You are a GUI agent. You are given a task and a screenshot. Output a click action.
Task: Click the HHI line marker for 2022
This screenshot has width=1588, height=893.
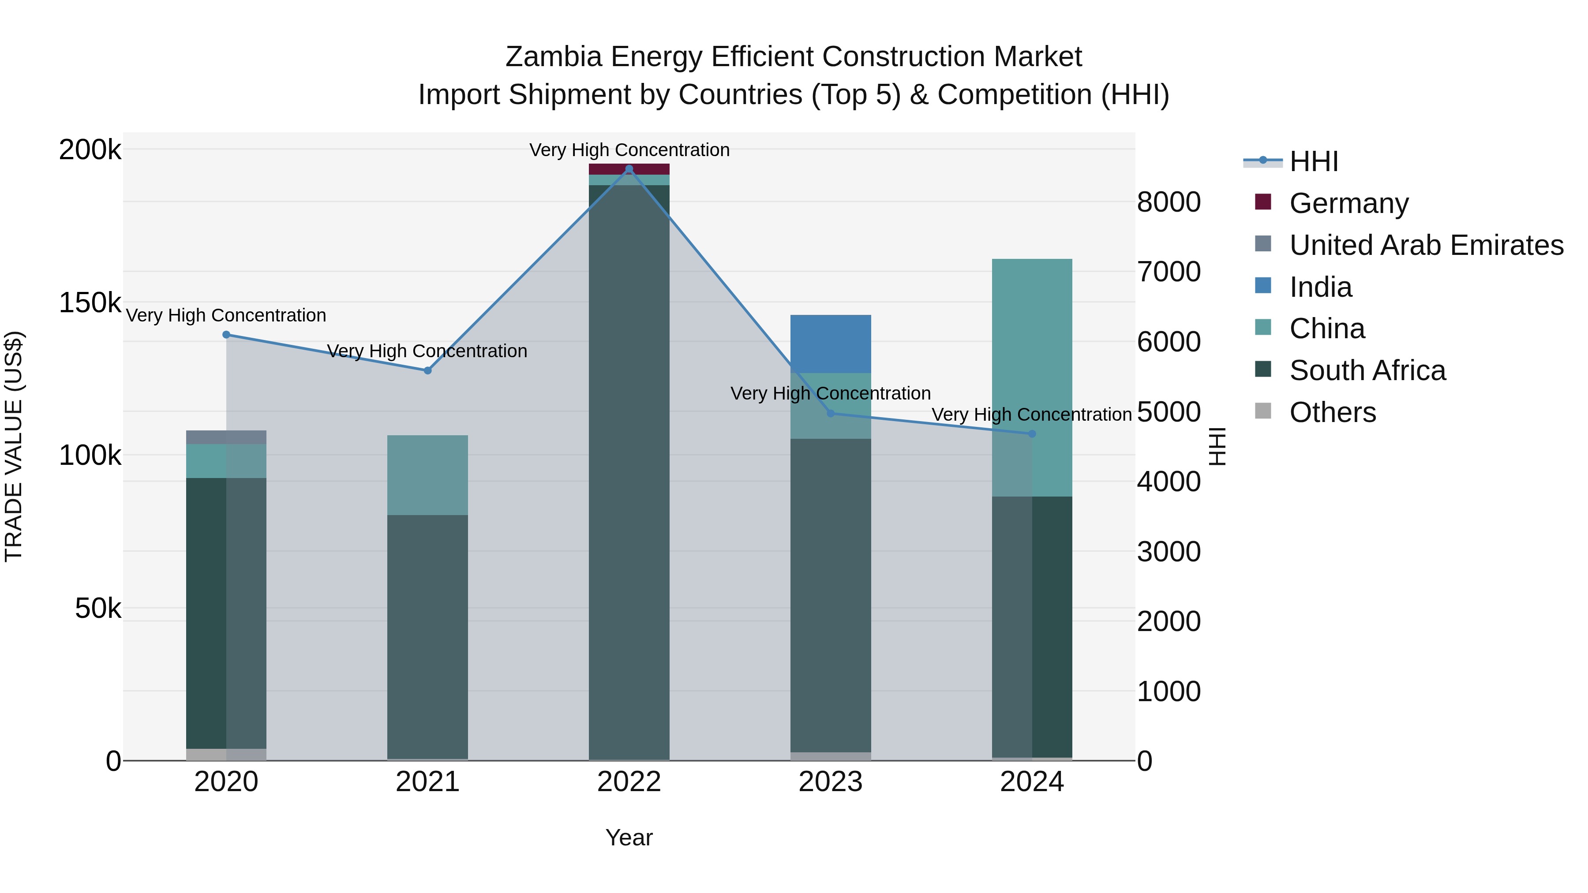coord(629,169)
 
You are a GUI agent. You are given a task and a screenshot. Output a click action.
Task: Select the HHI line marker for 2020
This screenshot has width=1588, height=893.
coord(226,335)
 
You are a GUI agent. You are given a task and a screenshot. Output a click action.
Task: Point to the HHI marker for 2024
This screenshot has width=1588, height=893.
coord(1032,434)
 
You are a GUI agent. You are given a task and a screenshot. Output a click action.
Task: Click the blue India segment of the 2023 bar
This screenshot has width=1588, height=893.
coord(830,344)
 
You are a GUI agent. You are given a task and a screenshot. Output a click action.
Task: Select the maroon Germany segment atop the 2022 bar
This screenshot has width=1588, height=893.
coord(629,169)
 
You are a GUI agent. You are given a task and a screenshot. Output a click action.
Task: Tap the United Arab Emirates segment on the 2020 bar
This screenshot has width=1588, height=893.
coord(226,437)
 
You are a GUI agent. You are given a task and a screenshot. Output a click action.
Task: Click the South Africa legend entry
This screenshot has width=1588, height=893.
coord(1367,370)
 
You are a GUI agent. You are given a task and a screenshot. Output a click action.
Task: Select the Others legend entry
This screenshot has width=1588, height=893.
coord(1332,412)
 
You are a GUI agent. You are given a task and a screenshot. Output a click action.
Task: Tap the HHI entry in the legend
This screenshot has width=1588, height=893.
coord(1313,161)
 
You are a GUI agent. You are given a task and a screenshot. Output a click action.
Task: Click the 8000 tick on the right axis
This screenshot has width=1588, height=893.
coord(1168,202)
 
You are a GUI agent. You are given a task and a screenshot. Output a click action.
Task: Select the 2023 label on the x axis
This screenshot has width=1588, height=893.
coord(830,782)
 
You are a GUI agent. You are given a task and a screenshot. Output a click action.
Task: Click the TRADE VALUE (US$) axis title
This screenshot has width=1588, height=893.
coord(14,446)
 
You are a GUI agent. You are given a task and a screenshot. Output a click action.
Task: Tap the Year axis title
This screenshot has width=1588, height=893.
coord(629,837)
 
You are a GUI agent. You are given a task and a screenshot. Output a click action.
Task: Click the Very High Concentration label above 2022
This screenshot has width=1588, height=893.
coord(629,150)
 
